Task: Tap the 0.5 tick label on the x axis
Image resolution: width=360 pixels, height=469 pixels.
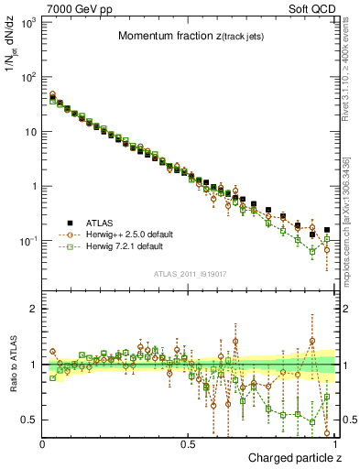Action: (x=190, y=442)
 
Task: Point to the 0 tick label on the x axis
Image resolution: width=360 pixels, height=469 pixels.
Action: (x=43, y=442)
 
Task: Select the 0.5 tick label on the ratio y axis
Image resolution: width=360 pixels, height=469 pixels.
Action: (x=30, y=420)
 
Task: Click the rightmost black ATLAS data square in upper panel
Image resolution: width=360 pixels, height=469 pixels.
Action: (x=327, y=230)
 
